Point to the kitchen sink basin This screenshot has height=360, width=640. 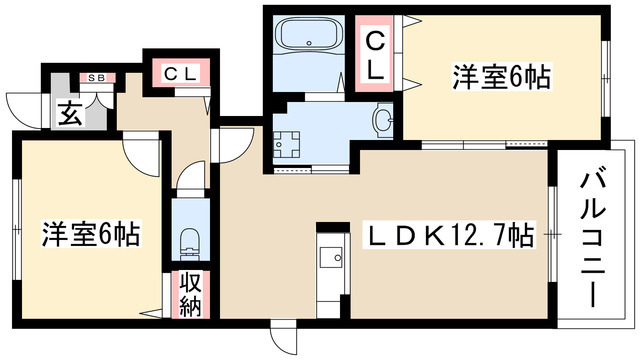tap(329, 258)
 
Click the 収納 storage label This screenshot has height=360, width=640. tap(189, 293)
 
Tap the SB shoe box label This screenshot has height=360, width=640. tap(98, 77)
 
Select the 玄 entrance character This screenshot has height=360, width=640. tap(69, 113)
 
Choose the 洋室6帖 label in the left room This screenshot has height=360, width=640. tap(89, 236)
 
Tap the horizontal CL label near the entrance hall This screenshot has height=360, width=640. tap(178, 72)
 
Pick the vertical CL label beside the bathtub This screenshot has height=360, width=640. tap(374, 55)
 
